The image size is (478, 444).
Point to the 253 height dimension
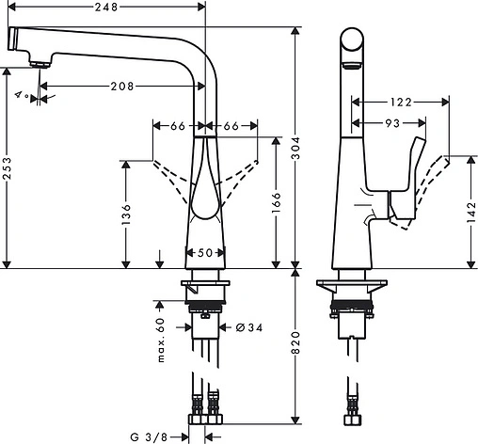tap(9, 166)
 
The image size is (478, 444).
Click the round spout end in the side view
tap(353, 43)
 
